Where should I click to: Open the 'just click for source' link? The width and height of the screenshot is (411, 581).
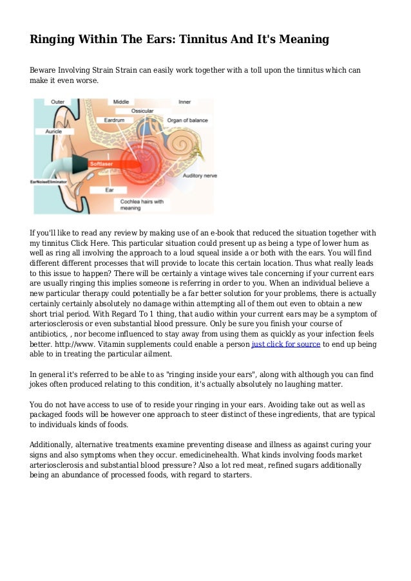285,344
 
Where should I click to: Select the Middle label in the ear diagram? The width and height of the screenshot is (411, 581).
121,102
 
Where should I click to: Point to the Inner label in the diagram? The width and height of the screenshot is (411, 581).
184,102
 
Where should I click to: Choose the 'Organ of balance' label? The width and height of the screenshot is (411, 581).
187,120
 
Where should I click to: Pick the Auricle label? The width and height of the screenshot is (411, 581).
53,131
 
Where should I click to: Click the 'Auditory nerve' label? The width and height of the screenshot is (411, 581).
199,175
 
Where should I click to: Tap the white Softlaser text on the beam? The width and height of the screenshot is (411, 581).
102,163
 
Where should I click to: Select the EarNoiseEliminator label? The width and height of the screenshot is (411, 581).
49,182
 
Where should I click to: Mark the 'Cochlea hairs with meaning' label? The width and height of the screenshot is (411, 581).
142,205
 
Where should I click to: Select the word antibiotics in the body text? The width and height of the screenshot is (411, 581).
53,335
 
